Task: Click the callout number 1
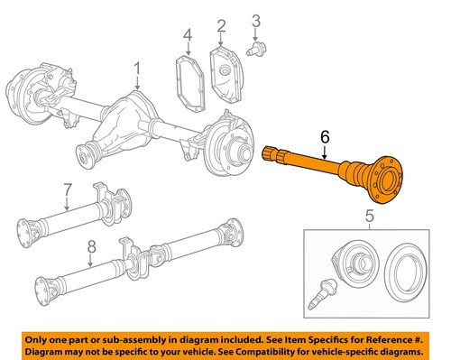137,69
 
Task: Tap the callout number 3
256,20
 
